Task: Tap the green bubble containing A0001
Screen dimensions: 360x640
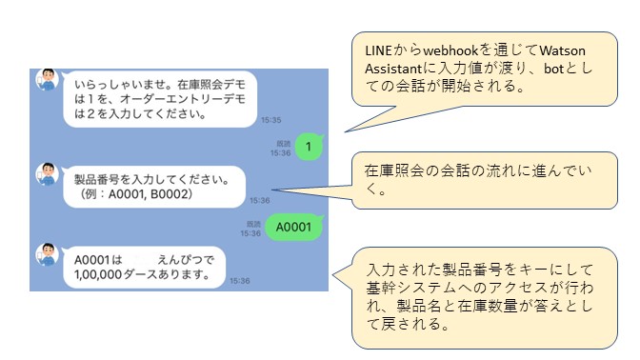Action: click(x=292, y=228)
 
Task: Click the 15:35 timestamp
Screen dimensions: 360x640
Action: click(x=271, y=120)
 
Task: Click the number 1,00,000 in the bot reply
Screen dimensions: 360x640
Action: click(x=105, y=275)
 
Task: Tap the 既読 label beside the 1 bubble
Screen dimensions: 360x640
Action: click(x=283, y=141)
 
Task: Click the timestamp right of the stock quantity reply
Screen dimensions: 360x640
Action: click(x=239, y=281)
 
